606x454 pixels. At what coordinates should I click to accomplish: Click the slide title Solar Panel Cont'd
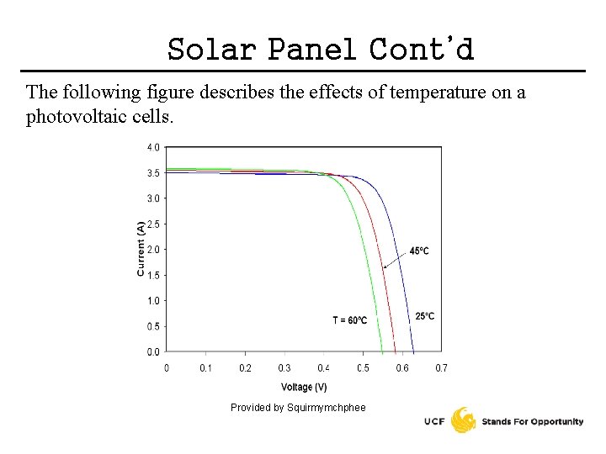[321, 50]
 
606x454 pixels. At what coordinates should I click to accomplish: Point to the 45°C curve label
[419, 251]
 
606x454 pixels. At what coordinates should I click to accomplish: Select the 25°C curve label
[425, 316]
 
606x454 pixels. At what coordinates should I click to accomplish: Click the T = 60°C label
[349, 320]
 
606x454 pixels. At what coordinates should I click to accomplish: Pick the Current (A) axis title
[140, 249]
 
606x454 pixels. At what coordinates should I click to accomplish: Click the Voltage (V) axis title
[304, 388]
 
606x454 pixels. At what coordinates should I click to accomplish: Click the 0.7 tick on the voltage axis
[441, 368]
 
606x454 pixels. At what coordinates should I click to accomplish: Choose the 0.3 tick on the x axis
[284, 368]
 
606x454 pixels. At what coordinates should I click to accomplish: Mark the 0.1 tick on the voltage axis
[205, 368]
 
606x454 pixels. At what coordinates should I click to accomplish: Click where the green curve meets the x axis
[382, 351]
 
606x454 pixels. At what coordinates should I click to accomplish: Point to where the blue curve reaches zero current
[413, 351]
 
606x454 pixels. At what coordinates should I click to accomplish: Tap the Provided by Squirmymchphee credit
[298, 408]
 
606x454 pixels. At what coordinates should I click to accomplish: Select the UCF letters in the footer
[435, 422]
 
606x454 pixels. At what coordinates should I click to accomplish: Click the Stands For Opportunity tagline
[532, 422]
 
